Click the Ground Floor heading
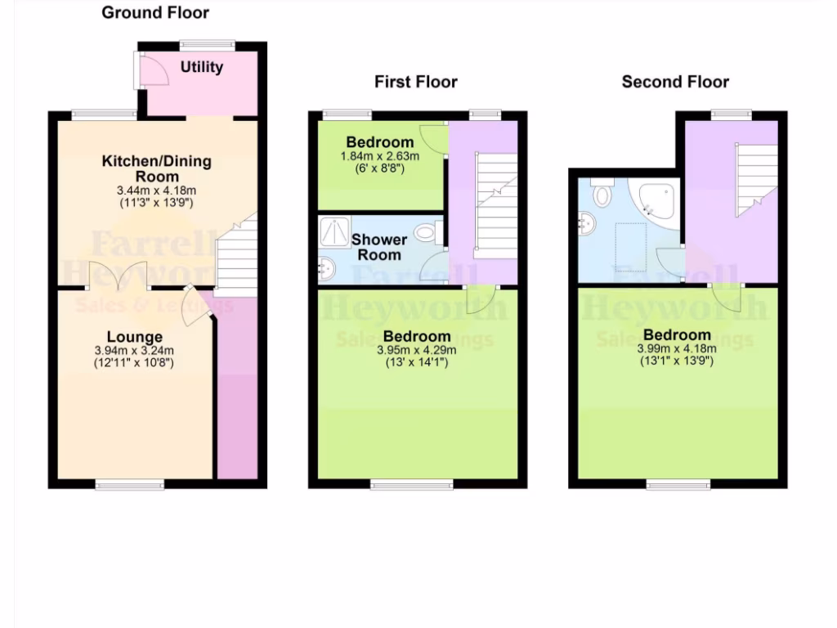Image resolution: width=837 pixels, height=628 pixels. (x=155, y=13)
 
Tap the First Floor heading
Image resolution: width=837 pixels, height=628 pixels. (x=416, y=82)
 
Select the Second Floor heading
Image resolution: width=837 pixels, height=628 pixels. (x=675, y=82)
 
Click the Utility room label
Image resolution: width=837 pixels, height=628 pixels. (x=202, y=67)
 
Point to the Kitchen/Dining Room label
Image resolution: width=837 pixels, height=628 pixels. (x=156, y=168)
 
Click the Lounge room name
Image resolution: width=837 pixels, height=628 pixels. (x=134, y=337)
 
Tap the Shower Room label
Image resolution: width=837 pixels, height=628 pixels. (x=379, y=247)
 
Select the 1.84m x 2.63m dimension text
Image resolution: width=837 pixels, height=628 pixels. (x=380, y=156)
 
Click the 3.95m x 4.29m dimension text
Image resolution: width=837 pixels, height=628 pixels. (x=417, y=350)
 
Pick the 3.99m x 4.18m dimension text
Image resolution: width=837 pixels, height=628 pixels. (x=677, y=348)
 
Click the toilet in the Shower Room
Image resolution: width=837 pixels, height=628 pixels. (x=427, y=233)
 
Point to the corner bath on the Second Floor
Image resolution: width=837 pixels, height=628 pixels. (x=658, y=201)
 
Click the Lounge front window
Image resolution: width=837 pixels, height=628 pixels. (x=129, y=486)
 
